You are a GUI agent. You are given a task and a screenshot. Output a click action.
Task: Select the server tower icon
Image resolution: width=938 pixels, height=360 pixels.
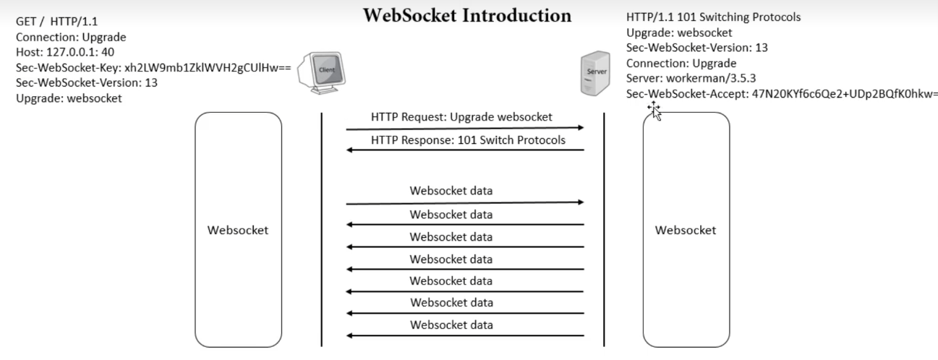(592, 72)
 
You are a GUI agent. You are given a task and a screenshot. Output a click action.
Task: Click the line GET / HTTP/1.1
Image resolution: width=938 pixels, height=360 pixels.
(56, 22)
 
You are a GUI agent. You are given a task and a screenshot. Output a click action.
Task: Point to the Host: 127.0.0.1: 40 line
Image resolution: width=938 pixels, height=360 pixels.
(65, 52)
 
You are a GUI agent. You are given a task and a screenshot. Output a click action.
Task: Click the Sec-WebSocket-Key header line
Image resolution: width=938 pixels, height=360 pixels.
(153, 68)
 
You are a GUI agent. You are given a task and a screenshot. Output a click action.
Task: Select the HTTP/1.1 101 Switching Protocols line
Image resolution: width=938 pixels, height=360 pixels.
(712, 17)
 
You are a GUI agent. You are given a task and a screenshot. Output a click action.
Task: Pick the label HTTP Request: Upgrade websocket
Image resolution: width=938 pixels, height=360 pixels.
(461, 117)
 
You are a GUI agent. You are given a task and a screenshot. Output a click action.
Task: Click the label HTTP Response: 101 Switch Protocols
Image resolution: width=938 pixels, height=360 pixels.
(468, 140)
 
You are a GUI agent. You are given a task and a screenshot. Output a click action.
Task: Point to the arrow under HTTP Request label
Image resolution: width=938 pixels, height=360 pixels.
(464, 128)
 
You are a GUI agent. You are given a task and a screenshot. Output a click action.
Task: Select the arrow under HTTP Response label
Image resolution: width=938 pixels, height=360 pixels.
(464, 150)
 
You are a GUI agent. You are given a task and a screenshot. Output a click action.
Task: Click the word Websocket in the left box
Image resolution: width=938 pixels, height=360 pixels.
(238, 231)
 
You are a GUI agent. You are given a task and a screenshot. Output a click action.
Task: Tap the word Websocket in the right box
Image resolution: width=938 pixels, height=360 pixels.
(686, 231)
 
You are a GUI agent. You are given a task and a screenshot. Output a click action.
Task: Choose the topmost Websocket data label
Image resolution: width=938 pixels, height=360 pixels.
(451, 192)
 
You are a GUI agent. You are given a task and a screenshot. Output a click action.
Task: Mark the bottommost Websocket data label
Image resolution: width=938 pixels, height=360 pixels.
(451, 325)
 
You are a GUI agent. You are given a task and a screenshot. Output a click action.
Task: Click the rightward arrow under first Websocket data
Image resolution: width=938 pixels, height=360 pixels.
(464, 203)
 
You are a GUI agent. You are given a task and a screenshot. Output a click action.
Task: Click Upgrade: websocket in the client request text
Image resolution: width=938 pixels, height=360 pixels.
(69, 98)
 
